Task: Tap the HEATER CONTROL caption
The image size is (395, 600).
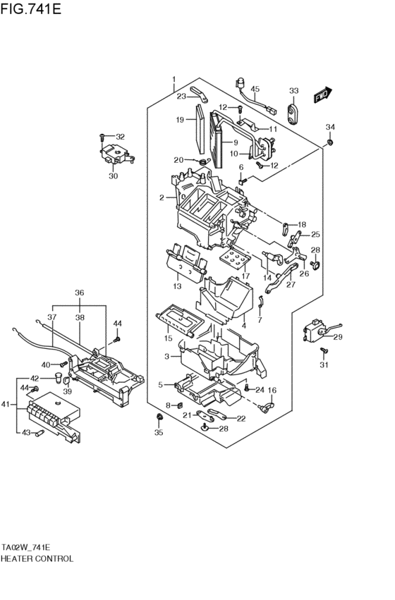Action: pos(37,558)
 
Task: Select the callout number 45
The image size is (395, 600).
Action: pos(255,89)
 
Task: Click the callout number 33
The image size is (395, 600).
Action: pos(293,91)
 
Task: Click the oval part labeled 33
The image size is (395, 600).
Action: pos(293,111)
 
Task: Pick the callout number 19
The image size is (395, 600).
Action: pos(180,119)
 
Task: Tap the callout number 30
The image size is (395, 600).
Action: pos(113,176)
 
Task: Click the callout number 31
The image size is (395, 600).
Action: pos(324,365)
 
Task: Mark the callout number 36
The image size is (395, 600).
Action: pos(80,293)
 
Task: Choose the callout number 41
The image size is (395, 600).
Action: pos(6,404)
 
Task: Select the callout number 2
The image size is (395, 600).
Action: pos(162,198)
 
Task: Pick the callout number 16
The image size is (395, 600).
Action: pos(272,390)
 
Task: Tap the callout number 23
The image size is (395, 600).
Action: pos(181,96)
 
